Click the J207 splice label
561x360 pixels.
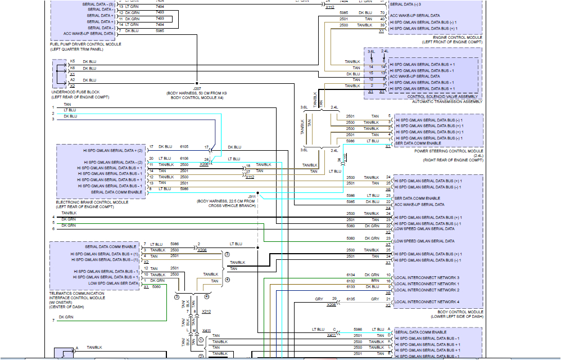coord(197,88)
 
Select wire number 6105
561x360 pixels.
coord(184,147)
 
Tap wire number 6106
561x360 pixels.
coord(184,159)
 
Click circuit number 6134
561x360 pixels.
coord(351,275)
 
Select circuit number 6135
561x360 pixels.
coord(351,299)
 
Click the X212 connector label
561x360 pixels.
coord(206,311)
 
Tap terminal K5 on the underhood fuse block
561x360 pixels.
coord(73,61)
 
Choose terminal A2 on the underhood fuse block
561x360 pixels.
coord(73,80)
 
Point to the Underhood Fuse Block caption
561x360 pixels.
coord(75,92)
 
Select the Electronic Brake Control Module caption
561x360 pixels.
coord(92,202)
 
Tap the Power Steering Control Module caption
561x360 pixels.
coord(448,151)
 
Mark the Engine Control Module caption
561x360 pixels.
coord(458,38)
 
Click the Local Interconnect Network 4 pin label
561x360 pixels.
coord(427,302)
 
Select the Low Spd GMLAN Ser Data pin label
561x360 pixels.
coord(106,283)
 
